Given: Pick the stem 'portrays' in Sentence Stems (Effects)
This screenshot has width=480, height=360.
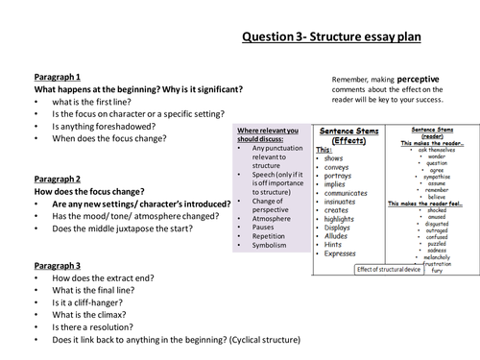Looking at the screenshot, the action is (x=342, y=176).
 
